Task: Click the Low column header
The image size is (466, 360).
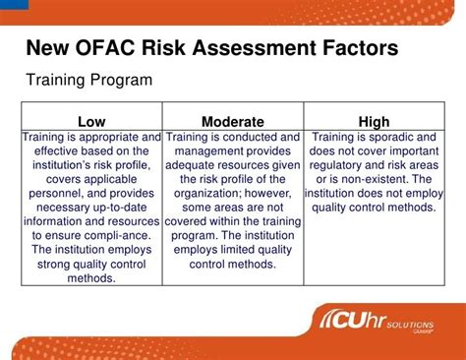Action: tap(91, 121)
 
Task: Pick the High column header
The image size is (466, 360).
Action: tap(374, 121)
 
